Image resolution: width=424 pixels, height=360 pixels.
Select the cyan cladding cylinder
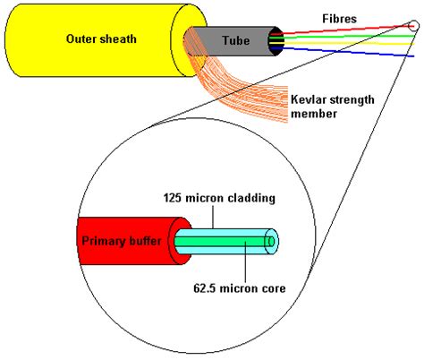224,241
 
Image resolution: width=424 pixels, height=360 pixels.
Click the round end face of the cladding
272,241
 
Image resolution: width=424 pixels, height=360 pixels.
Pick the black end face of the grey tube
278,40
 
